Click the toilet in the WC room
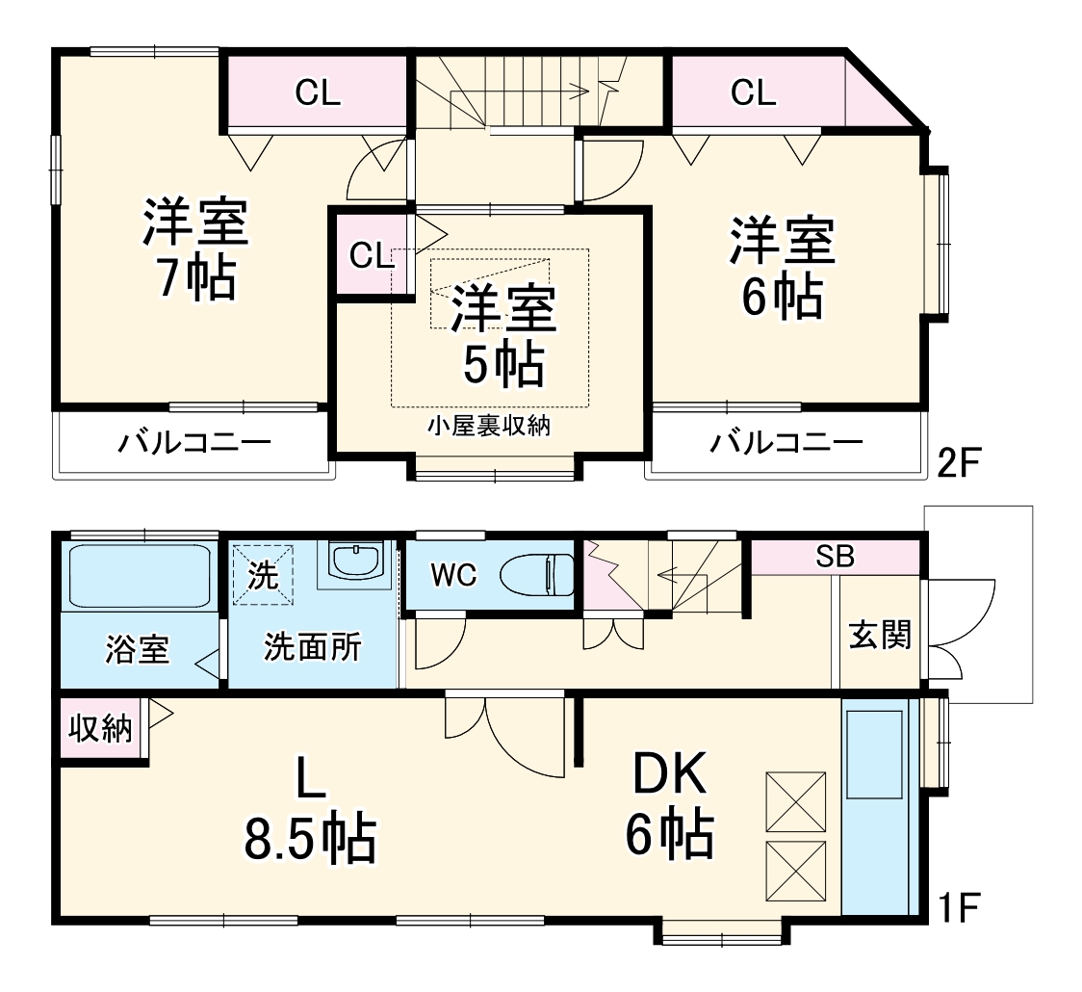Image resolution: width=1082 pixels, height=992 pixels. point(538,576)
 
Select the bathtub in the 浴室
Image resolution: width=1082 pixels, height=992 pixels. point(140,576)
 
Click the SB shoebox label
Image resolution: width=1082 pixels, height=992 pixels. point(835,556)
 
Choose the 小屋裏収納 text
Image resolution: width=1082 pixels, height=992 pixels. point(488,425)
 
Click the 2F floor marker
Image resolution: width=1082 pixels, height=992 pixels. point(958,465)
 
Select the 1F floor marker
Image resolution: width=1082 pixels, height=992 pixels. point(958,906)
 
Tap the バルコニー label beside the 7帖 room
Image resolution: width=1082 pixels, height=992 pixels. point(195,444)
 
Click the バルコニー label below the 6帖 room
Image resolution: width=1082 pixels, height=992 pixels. point(786,444)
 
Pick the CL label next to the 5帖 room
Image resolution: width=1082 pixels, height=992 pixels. point(371,255)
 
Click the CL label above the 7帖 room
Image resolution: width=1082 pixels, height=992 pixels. point(318,93)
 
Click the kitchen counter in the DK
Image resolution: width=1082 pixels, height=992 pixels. point(875,809)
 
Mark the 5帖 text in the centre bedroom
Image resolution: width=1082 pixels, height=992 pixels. point(504,363)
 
